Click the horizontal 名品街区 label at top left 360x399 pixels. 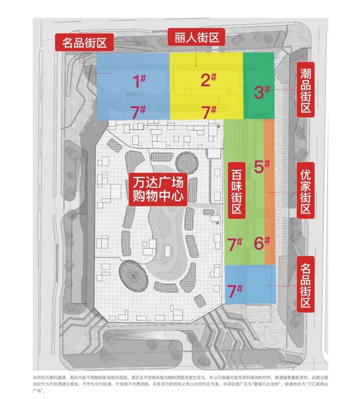coord(84,42)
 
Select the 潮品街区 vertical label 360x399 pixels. coord(306,90)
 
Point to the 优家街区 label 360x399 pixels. coord(306,190)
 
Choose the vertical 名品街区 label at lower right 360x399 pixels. coord(306,285)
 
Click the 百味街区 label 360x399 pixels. coord(236,190)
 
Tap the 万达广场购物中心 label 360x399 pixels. coord(158,189)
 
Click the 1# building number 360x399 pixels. coord(139,81)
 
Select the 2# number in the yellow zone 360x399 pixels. coord(208,79)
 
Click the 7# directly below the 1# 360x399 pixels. coord(138,112)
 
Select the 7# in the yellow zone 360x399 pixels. coord(209,112)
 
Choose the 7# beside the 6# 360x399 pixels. coord(234,244)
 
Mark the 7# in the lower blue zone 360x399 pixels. coord(234,291)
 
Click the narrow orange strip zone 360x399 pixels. coord(269,192)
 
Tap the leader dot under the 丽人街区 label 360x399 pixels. coord(196,66)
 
